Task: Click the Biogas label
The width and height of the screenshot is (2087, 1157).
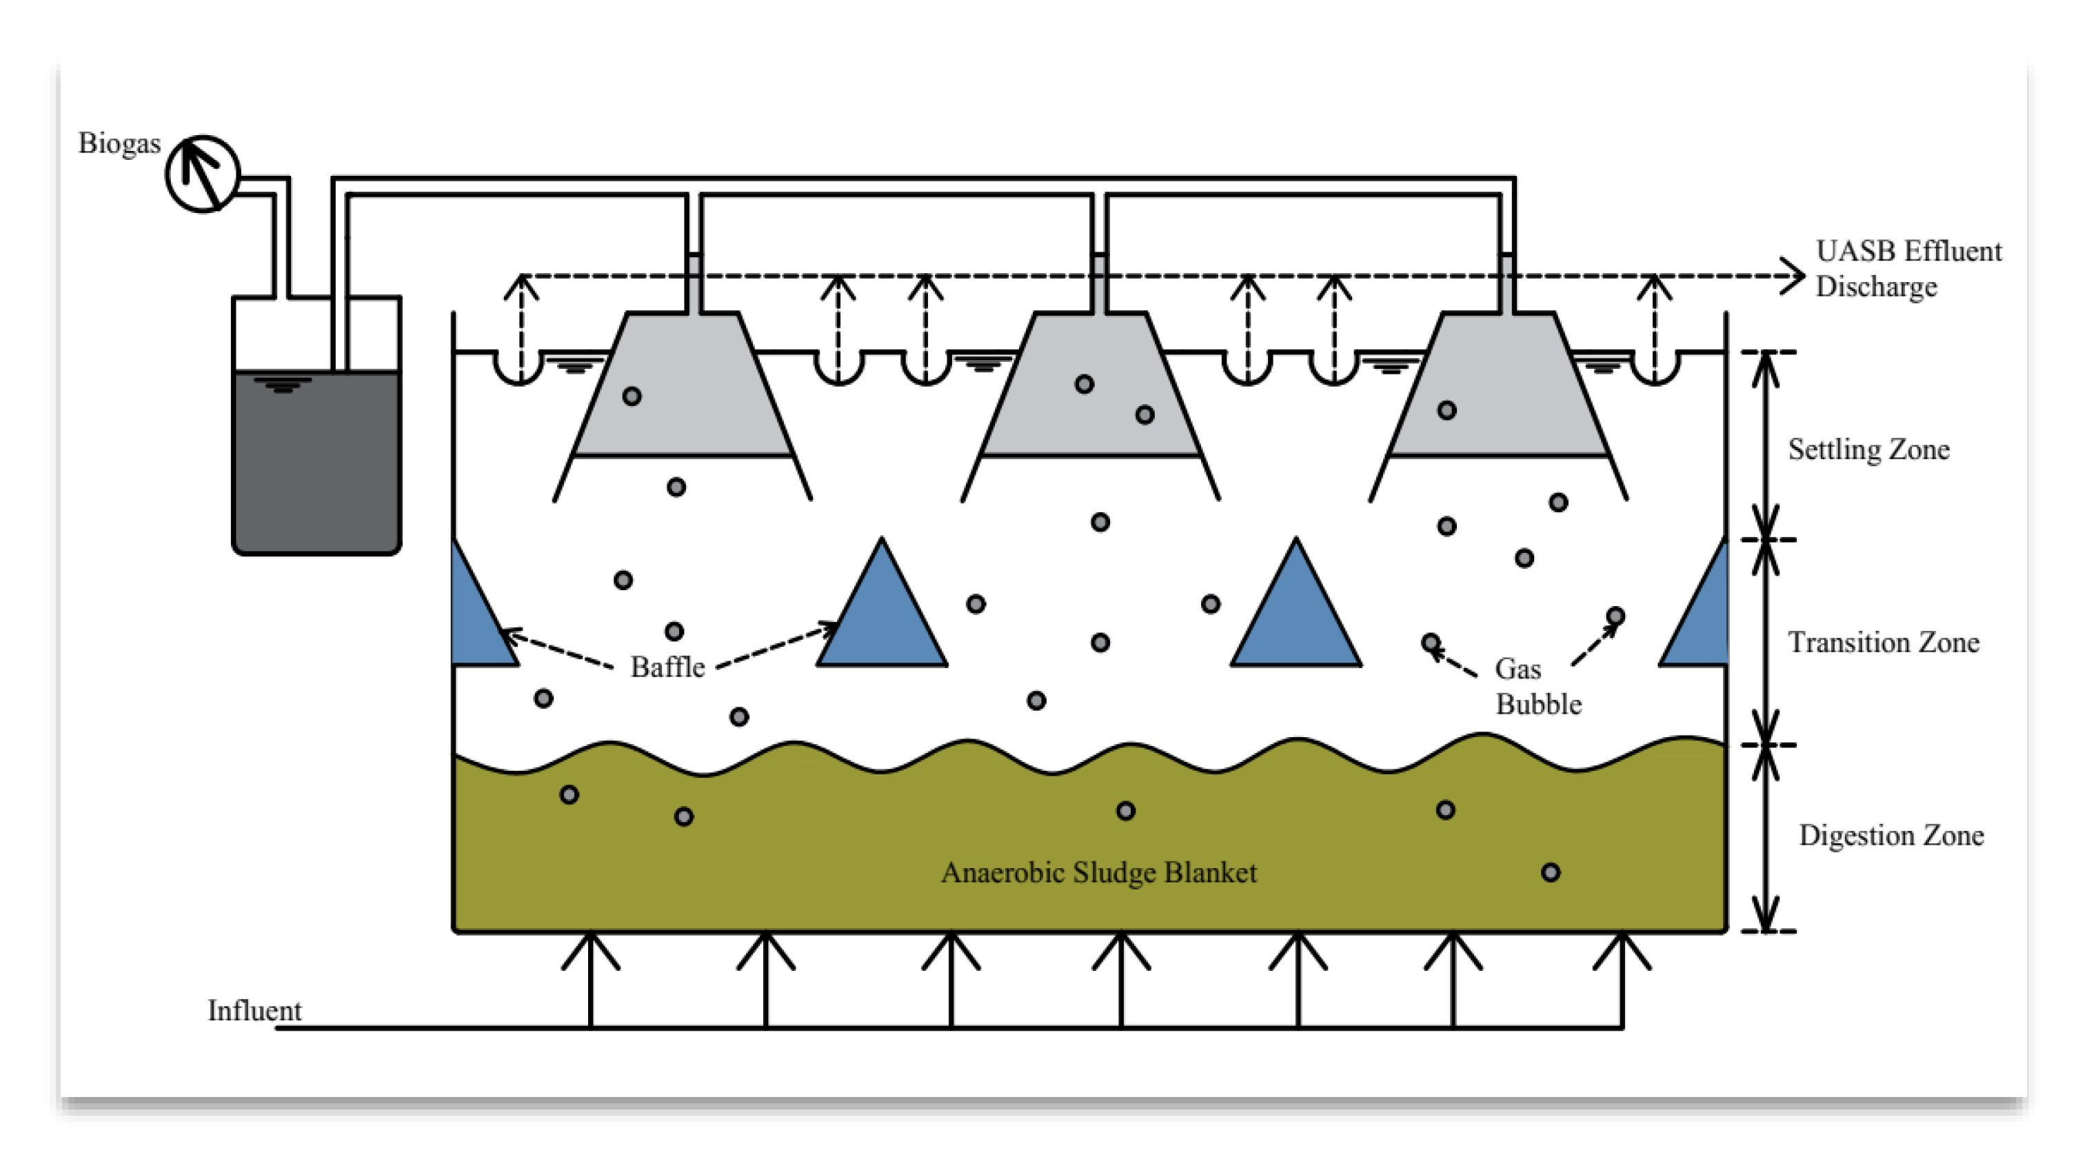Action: click(x=119, y=143)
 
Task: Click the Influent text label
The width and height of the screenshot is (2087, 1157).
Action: click(x=254, y=1011)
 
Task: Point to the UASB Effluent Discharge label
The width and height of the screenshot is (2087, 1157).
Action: click(x=1908, y=269)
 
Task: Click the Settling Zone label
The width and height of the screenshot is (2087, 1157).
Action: click(x=1868, y=450)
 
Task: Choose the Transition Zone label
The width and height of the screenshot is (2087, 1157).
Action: click(x=1883, y=643)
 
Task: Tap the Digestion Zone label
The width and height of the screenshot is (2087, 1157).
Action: click(x=1891, y=835)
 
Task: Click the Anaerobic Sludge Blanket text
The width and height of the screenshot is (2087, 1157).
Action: click(x=1098, y=873)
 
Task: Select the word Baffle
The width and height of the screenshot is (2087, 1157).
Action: click(x=667, y=667)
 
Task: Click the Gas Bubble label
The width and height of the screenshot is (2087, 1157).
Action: click(x=1537, y=686)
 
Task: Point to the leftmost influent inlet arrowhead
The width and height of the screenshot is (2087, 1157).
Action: click(x=591, y=948)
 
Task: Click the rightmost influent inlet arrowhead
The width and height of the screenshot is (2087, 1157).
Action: click(x=1622, y=948)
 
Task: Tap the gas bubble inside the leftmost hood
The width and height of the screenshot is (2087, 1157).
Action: click(x=632, y=396)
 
